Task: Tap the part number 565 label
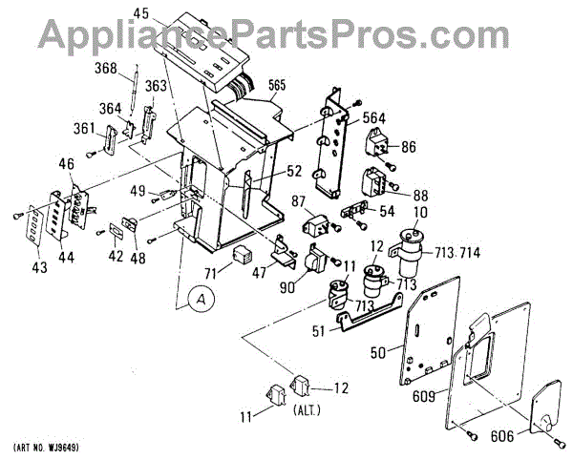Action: tap(278, 85)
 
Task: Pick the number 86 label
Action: tap(409, 147)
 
